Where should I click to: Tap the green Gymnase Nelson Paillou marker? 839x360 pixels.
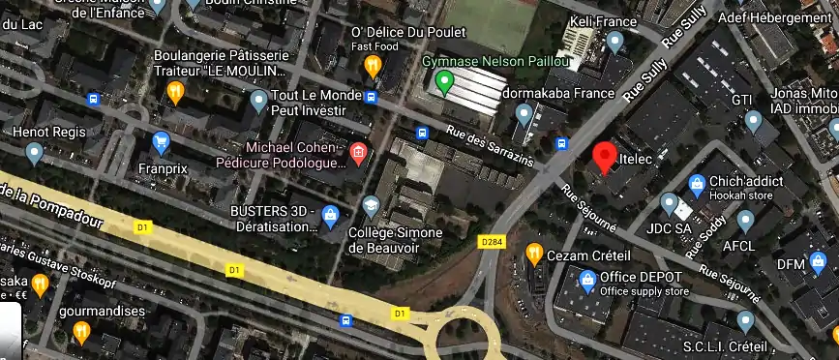click(444, 83)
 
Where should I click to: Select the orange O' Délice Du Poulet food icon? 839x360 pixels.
click(373, 66)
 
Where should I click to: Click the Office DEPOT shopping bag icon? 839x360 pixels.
click(585, 281)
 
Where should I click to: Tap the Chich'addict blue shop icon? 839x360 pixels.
click(696, 184)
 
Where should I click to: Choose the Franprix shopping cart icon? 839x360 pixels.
click(161, 144)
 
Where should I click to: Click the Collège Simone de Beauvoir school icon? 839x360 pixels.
click(371, 206)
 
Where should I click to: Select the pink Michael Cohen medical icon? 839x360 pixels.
click(358, 152)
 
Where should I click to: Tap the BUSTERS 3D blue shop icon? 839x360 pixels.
click(330, 216)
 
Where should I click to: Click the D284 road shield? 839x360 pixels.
click(493, 241)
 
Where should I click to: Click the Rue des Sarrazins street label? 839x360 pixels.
click(490, 145)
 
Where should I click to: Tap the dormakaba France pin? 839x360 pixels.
click(524, 114)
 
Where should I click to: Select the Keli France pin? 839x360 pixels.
click(614, 42)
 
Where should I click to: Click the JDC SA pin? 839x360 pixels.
click(669, 203)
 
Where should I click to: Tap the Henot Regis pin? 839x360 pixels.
click(35, 152)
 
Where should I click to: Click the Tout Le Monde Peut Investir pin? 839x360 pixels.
click(258, 100)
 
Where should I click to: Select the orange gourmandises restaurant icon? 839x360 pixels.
click(81, 333)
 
